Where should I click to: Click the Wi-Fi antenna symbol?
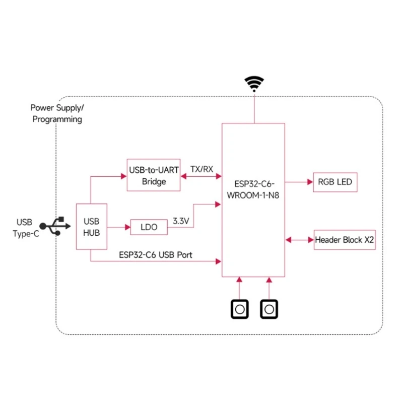(x=254, y=83)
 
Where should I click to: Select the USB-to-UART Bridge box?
(x=154, y=175)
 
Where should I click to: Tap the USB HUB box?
(x=91, y=227)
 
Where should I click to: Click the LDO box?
(x=149, y=227)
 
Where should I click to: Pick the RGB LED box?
(x=335, y=182)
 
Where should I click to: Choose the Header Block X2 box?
(x=345, y=240)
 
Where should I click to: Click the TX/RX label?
(x=201, y=169)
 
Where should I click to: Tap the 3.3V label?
(x=181, y=221)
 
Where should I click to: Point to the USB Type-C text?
(x=24, y=226)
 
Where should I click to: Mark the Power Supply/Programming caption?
(x=57, y=113)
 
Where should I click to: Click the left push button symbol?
(x=240, y=309)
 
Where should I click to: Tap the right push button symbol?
(x=269, y=309)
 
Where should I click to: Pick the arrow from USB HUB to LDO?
(x=118, y=227)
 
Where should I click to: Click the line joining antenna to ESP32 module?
(x=254, y=107)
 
